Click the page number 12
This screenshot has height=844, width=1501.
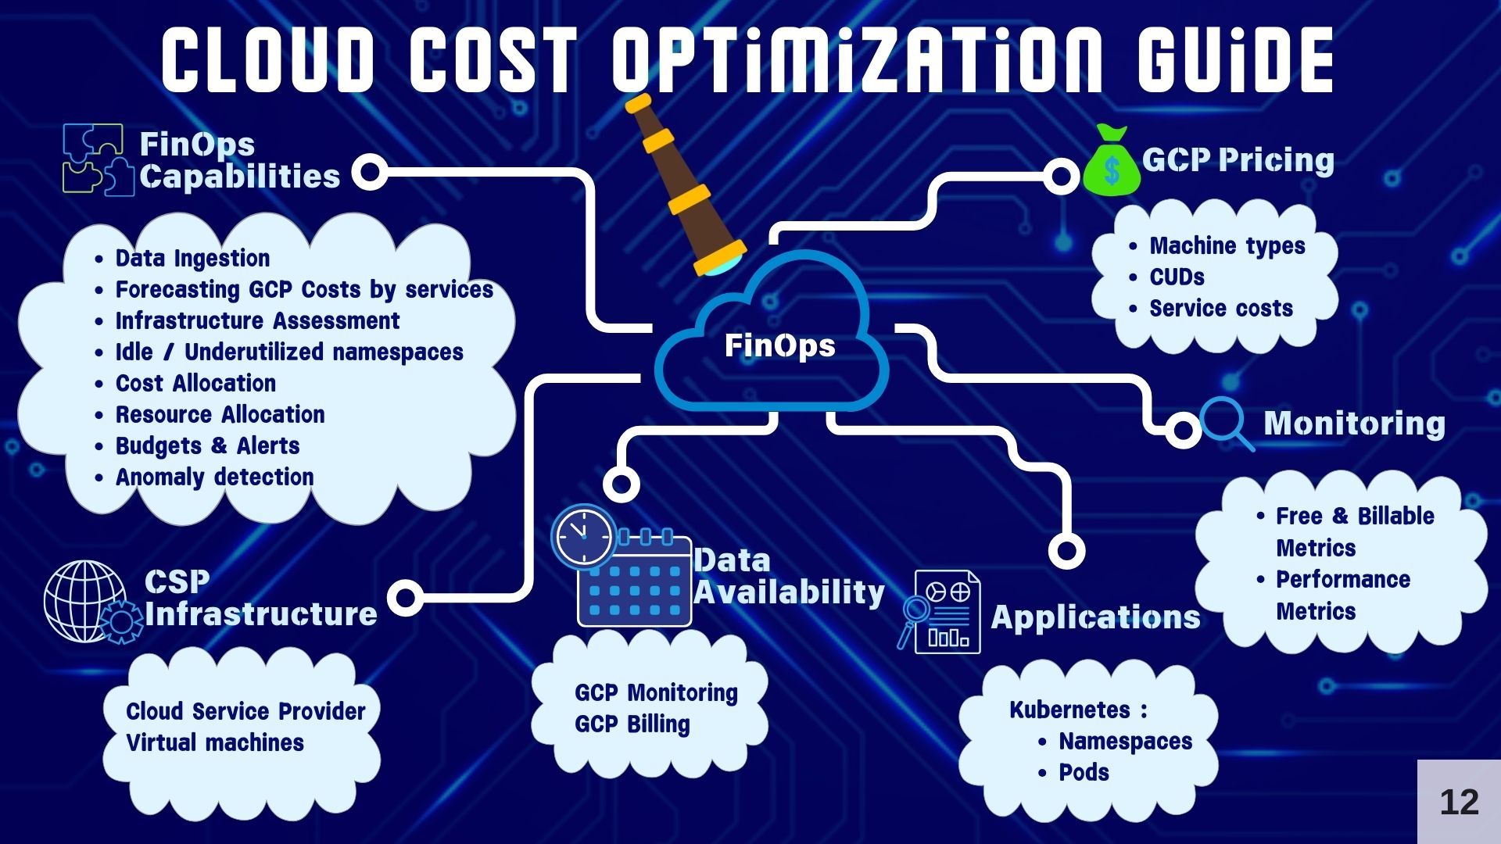tap(1459, 802)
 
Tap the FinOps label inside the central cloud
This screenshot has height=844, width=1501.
tap(779, 345)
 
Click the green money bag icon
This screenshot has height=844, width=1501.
tap(1111, 160)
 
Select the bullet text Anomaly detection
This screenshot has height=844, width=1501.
tap(214, 477)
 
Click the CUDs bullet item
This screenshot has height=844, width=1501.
tap(1177, 277)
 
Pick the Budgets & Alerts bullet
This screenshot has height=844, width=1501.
tap(207, 445)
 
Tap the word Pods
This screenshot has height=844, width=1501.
tap(1084, 772)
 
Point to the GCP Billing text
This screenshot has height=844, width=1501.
tap(632, 724)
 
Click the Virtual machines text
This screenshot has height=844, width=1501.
tap(215, 742)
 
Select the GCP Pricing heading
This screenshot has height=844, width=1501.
tap(1238, 160)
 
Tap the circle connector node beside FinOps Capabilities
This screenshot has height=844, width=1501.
tap(370, 172)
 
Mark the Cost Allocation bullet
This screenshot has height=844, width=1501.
tap(195, 383)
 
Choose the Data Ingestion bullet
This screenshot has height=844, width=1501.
tap(192, 258)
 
